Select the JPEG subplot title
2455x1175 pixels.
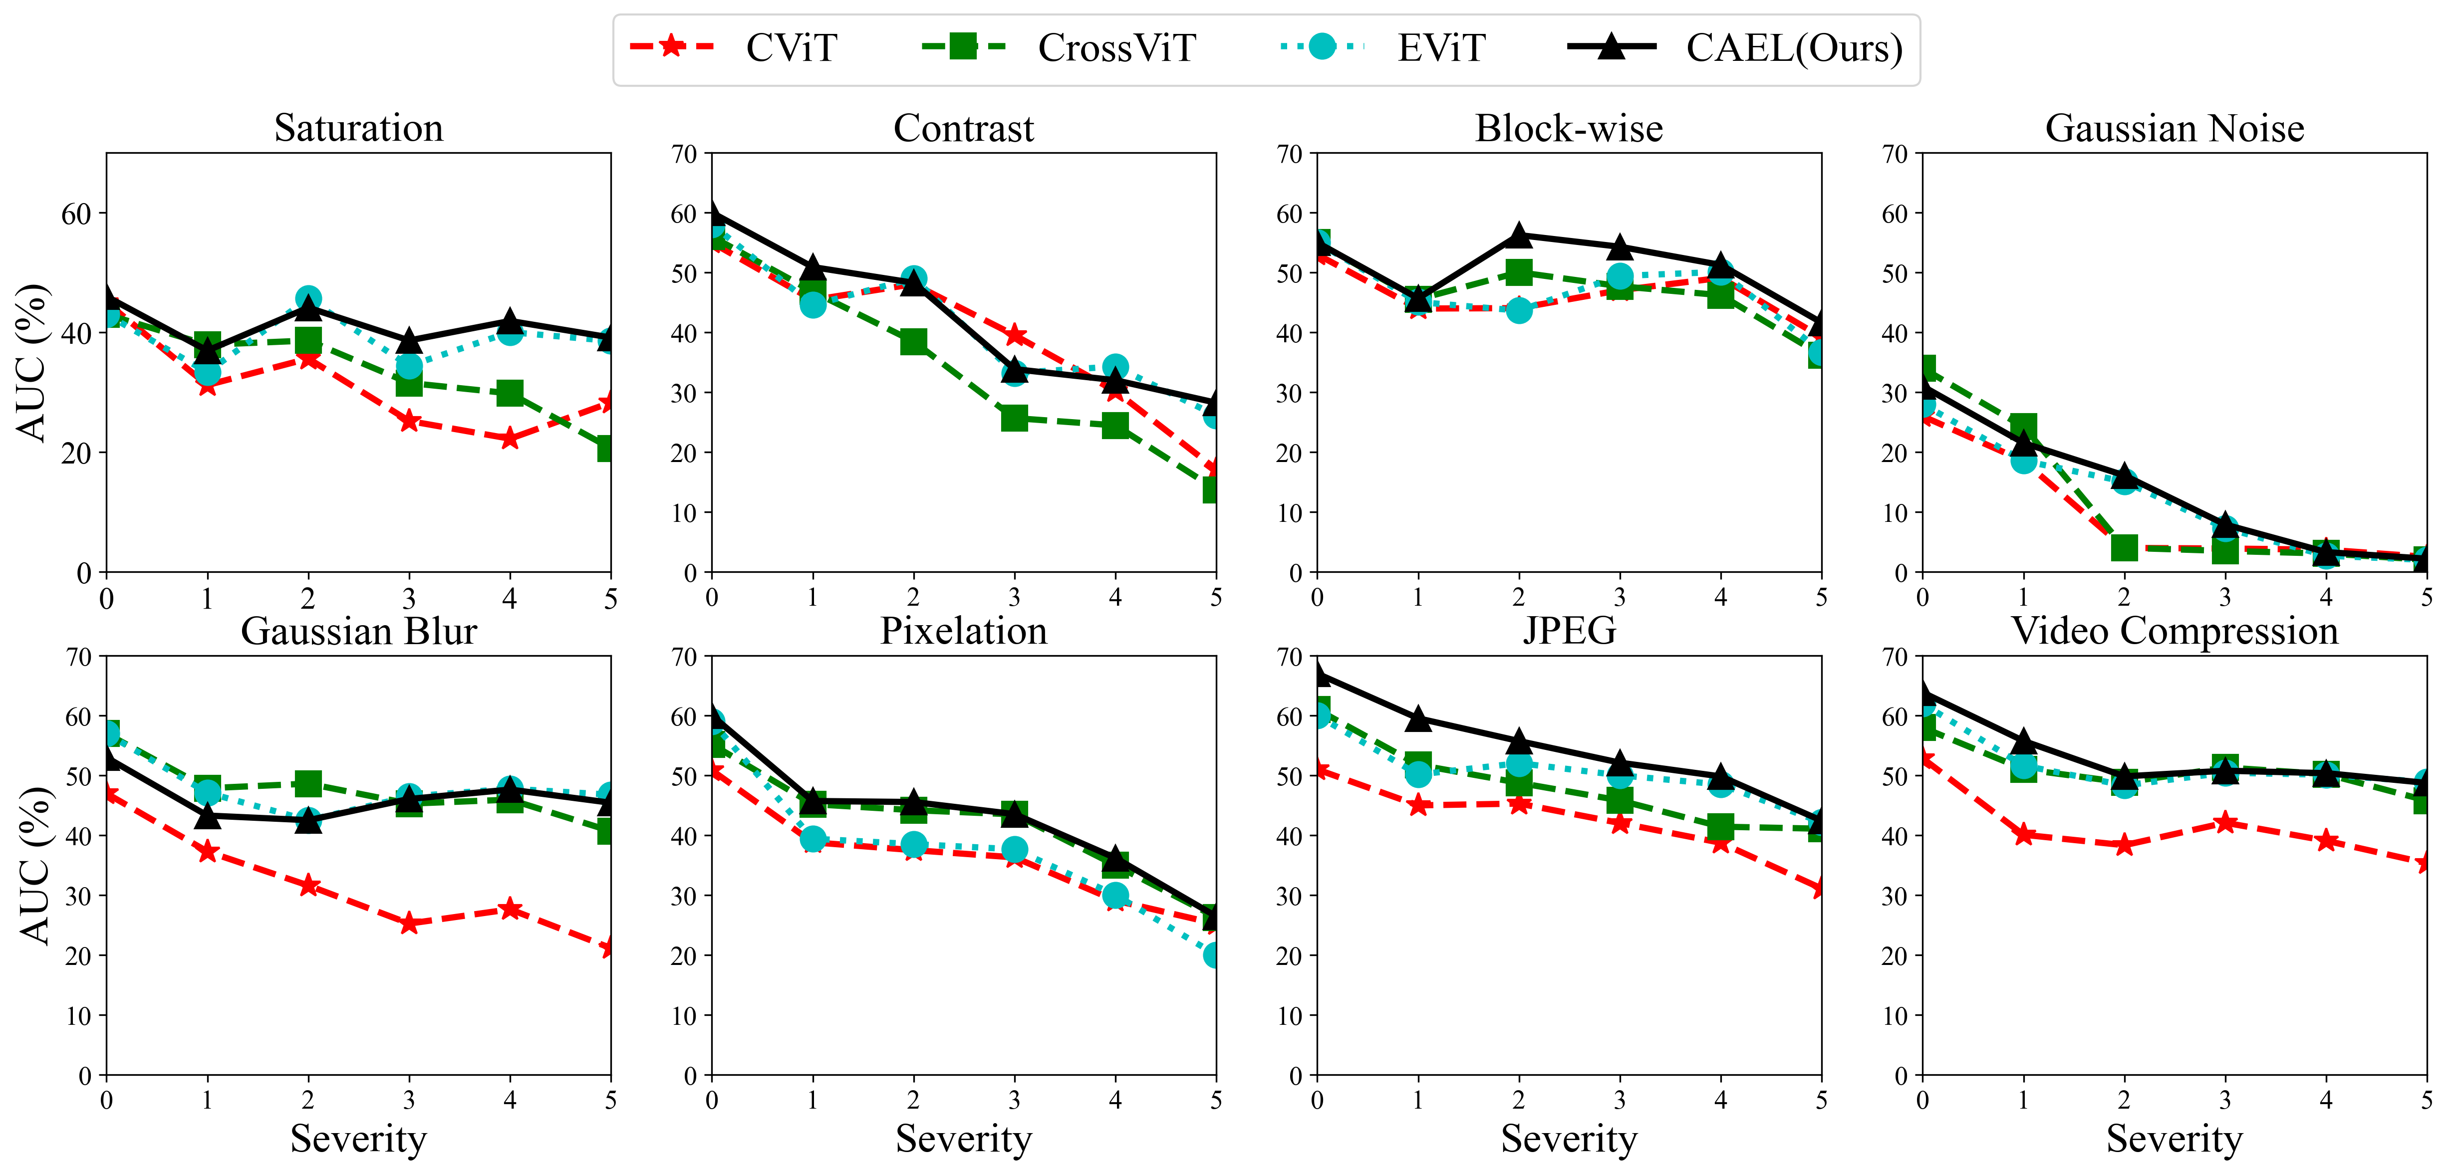click(1569, 631)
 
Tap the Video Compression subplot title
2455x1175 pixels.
click(2174, 631)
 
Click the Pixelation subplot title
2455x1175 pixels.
click(964, 631)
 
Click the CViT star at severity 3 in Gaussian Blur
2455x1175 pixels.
click(409, 923)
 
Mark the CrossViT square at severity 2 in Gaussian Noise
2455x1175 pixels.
click(2123, 547)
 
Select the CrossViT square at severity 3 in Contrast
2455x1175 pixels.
click(1014, 418)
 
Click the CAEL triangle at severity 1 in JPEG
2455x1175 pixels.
click(1418, 717)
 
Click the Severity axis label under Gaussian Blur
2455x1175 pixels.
click(358, 1139)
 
